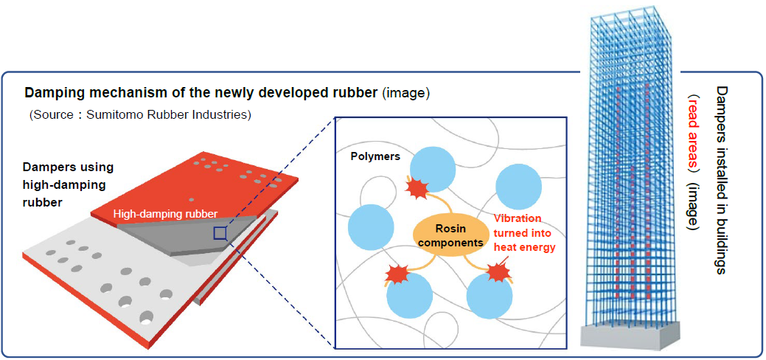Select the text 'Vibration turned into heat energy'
click(x=525, y=232)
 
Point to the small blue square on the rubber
click(x=220, y=233)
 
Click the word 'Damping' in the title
click(x=46, y=93)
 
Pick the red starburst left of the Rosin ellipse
click(x=397, y=274)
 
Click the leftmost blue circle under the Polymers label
click(x=371, y=227)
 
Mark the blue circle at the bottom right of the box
click(x=490, y=295)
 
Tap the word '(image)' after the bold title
click(x=406, y=93)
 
